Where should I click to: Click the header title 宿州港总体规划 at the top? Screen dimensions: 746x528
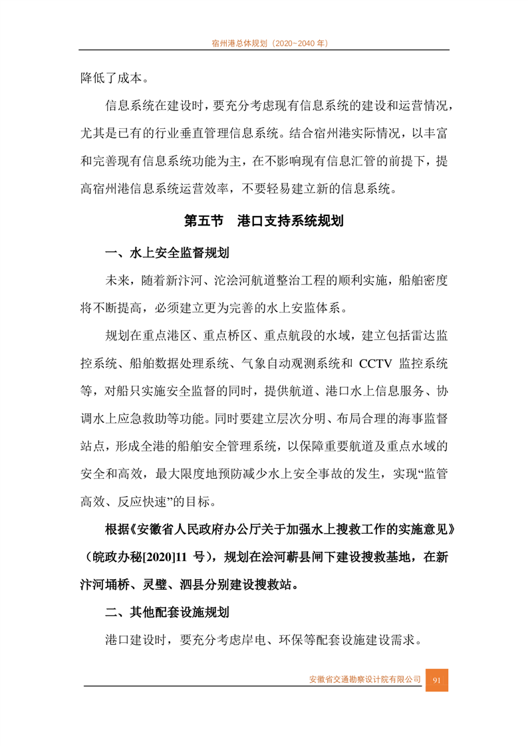(239, 43)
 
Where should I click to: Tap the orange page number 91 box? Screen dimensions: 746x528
(437, 680)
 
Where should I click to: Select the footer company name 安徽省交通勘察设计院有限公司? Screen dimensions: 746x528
(365, 680)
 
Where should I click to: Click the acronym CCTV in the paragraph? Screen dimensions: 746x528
(377, 363)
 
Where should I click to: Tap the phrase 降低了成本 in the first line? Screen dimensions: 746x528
(110, 78)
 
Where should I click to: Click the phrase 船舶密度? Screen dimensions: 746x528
(423, 280)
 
